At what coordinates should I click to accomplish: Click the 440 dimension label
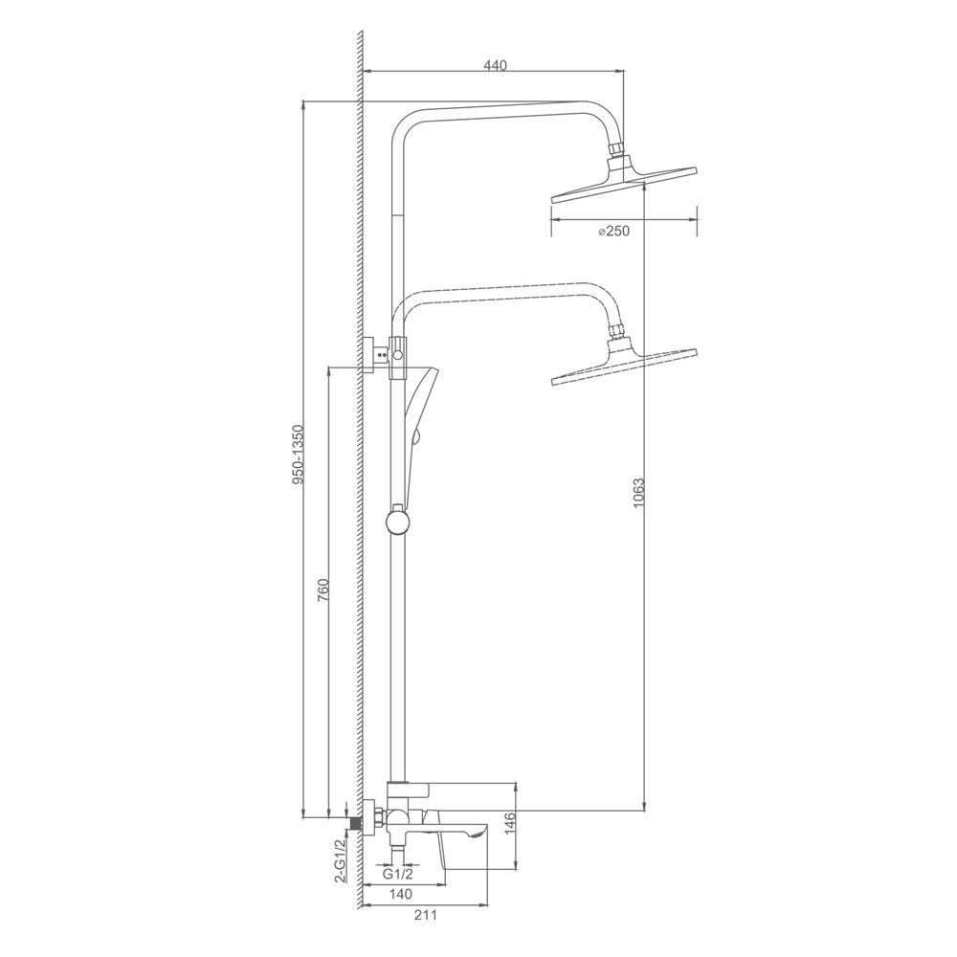tap(496, 65)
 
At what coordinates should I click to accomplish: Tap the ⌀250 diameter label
tap(613, 231)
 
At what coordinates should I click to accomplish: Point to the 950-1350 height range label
tap(298, 455)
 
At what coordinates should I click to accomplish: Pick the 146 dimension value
tap(511, 823)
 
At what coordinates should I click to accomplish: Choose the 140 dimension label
tap(400, 894)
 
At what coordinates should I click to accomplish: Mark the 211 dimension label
tap(426, 915)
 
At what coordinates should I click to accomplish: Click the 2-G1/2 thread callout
tap(341, 860)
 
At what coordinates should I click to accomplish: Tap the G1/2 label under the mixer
tap(398, 874)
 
